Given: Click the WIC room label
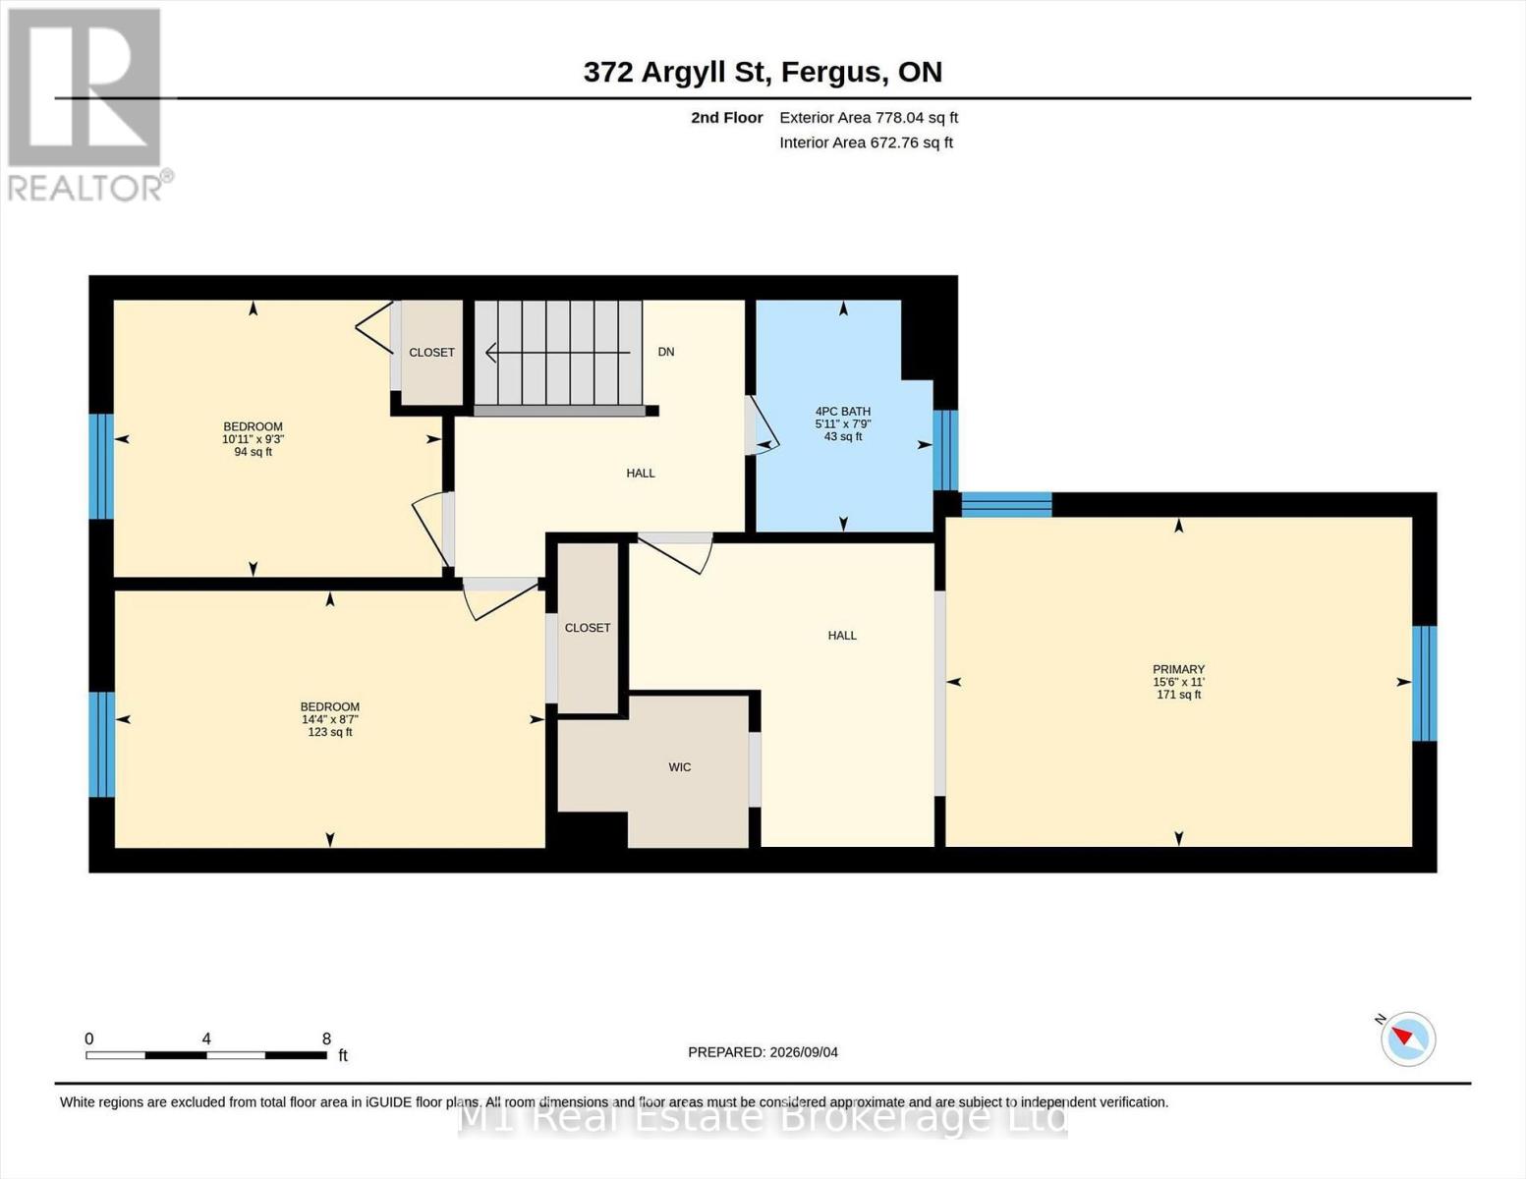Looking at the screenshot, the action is (679, 766).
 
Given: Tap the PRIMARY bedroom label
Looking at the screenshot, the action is (1178, 669).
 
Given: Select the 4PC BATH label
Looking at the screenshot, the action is (843, 412).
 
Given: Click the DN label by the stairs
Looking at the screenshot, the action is (666, 352).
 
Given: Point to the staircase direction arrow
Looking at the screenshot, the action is (557, 353).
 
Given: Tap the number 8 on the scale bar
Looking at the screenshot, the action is (326, 1039).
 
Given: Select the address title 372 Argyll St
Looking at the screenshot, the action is (674, 72).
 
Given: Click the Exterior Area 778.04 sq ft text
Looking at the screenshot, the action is (869, 118).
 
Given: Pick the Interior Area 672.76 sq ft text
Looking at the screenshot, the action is (866, 142).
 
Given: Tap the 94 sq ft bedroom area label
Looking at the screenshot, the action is (253, 452).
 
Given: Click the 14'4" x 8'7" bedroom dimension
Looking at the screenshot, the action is (330, 719).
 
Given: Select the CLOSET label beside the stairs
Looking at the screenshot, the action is (431, 353).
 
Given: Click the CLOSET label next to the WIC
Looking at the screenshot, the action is (587, 628).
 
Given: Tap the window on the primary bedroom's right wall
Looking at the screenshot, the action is (1424, 683).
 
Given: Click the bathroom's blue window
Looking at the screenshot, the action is (945, 450).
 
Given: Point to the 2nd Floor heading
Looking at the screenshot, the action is (727, 118).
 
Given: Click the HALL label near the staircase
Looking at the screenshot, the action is (641, 474).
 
